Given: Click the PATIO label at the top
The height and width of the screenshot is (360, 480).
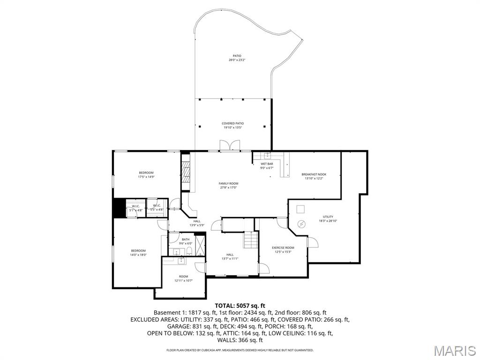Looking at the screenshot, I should (237, 58).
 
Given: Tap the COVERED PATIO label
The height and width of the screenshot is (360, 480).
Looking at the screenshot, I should (233, 125).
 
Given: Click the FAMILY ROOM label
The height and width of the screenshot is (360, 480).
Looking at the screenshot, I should (228, 185).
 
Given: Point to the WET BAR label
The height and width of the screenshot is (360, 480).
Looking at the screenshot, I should (267, 165).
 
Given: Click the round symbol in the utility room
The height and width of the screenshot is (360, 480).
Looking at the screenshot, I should (302, 223).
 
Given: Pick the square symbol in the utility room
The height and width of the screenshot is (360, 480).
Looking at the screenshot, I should (301, 209).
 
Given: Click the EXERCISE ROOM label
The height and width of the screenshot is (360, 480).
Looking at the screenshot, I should (283, 249).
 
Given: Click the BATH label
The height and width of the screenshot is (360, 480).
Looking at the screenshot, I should (186, 241).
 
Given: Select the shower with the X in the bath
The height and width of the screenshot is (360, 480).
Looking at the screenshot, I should (199, 245).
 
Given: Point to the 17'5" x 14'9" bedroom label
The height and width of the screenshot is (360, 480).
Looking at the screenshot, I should (146, 175).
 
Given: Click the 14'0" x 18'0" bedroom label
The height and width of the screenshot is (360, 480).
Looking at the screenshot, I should (138, 253).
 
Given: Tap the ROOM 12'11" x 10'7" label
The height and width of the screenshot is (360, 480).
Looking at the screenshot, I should (183, 278).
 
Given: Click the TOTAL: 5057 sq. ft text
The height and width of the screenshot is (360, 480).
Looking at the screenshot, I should (240, 306).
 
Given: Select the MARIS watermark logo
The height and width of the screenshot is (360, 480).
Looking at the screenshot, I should (454, 350).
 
